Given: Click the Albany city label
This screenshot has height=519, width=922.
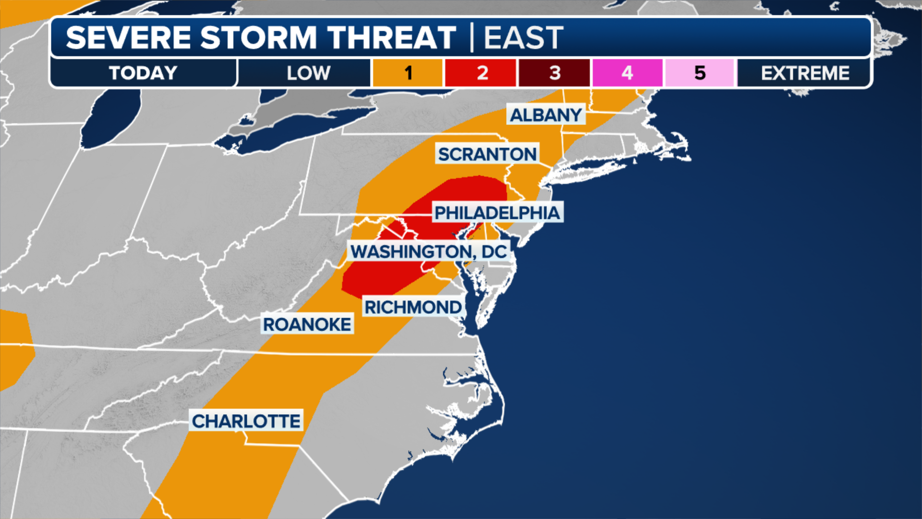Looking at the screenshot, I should tap(546, 115).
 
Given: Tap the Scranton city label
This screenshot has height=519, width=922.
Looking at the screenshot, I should tap(487, 154).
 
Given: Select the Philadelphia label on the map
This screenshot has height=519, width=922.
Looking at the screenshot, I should tap(497, 212).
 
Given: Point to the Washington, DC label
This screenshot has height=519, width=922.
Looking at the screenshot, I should tap(428, 251).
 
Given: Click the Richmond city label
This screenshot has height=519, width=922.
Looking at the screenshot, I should tap(413, 307).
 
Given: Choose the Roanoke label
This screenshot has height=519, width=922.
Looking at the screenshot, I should tap(307, 324).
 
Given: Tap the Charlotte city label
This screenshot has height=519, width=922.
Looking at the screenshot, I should tap(246, 421).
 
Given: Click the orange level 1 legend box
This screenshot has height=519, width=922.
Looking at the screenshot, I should tap(408, 73).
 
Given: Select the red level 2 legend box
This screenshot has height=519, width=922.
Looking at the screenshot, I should tap(481, 73).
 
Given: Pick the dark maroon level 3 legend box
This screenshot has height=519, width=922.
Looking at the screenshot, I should tap(555, 73).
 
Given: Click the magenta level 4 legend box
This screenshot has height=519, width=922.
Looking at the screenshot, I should tap(627, 73).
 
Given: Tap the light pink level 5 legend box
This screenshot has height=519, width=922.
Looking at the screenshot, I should tap(700, 73).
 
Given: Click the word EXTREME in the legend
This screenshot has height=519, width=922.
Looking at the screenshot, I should tap(805, 73).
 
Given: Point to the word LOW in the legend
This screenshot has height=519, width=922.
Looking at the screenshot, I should tap(308, 73).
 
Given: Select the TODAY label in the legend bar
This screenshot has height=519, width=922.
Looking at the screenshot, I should tap(143, 73).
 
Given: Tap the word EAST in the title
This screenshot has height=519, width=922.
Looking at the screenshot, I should tap(523, 37).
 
